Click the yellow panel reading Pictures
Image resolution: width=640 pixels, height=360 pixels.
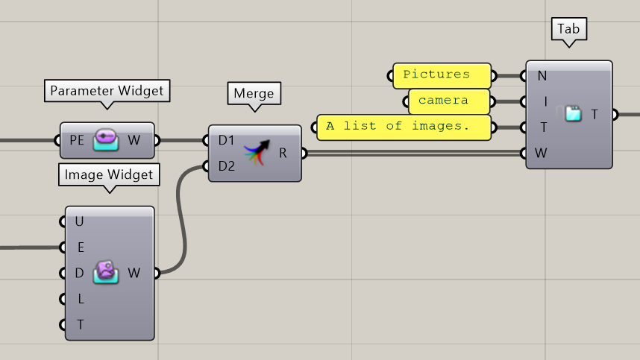(441, 75)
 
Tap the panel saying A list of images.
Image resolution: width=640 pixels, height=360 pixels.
(404, 127)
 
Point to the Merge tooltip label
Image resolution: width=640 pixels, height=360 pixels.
(254, 94)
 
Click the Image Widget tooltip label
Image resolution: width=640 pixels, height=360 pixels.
(108, 175)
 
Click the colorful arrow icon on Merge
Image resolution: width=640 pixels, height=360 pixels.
(256, 152)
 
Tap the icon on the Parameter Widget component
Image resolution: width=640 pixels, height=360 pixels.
(105, 140)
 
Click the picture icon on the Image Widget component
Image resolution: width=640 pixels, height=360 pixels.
(105, 273)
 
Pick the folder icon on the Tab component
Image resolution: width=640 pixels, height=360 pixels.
(573, 114)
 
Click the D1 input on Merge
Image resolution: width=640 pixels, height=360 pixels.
(226, 140)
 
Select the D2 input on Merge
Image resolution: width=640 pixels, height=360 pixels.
(226, 166)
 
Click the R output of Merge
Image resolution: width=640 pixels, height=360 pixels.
(283, 153)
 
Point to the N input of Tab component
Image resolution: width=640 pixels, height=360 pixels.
(542, 75)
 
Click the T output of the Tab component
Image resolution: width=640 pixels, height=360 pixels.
(594, 114)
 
